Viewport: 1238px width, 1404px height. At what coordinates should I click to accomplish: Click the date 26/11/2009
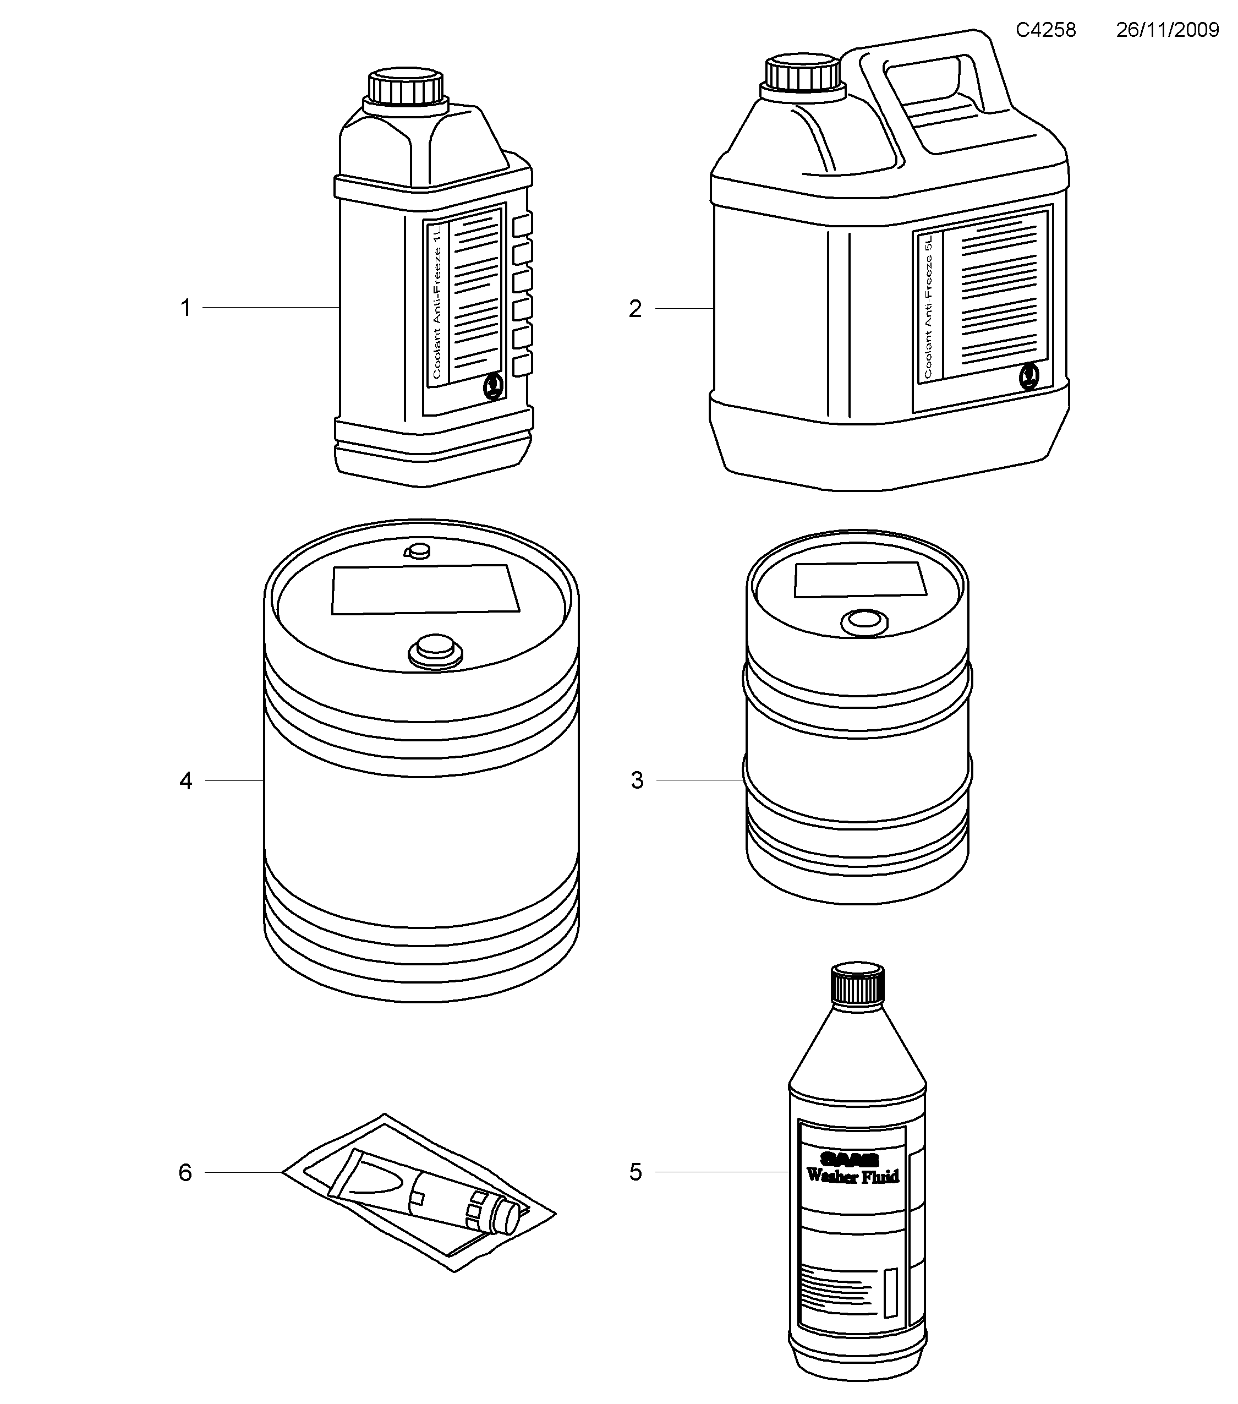pyautogui.click(x=1166, y=30)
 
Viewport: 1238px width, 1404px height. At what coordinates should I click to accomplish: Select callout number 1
pyautogui.click(x=185, y=308)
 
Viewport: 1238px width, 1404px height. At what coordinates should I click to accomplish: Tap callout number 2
pyautogui.click(x=635, y=309)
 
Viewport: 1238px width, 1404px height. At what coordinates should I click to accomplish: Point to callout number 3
pyautogui.click(x=637, y=780)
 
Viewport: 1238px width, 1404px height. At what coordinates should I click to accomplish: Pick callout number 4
pyautogui.click(x=185, y=781)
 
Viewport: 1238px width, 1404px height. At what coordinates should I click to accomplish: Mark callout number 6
pyautogui.click(x=185, y=1172)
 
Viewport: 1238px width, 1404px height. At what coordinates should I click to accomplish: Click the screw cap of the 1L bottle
pyautogui.click(x=405, y=86)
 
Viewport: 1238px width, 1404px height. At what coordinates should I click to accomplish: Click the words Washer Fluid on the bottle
pyautogui.click(x=852, y=1177)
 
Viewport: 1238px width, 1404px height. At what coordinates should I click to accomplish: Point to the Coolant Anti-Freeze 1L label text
pyautogui.click(x=437, y=302)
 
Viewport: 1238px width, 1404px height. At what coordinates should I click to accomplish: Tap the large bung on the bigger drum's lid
pyautogui.click(x=434, y=649)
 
